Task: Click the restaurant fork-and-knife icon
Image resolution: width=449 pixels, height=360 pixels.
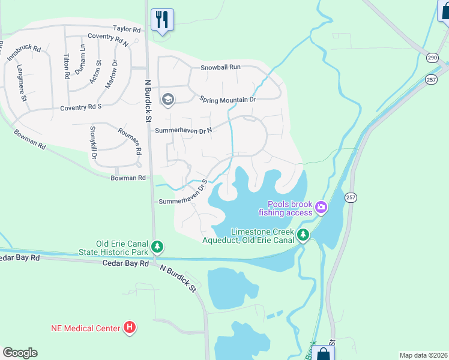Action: click(x=161, y=19)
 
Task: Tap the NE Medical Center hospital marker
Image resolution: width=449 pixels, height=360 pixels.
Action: click(x=129, y=328)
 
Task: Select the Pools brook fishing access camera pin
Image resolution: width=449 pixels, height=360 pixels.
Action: click(x=321, y=207)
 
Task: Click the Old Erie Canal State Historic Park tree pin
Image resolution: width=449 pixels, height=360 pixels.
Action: click(x=157, y=246)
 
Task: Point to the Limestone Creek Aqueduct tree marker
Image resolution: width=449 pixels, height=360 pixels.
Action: click(x=304, y=235)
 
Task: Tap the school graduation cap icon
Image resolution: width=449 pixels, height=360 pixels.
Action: click(x=167, y=100)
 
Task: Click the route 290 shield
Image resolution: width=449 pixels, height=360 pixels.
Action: click(x=432, y=57)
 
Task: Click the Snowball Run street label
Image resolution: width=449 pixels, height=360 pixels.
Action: click(x=220, y=67)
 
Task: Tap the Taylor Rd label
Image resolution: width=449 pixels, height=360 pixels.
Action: click(x=127, y=29)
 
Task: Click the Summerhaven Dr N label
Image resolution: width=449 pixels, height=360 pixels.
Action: click(x=182, y=130)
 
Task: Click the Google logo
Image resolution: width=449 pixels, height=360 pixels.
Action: click(x=20, y=353)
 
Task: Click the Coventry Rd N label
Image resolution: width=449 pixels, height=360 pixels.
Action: click(x=109, y=40)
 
